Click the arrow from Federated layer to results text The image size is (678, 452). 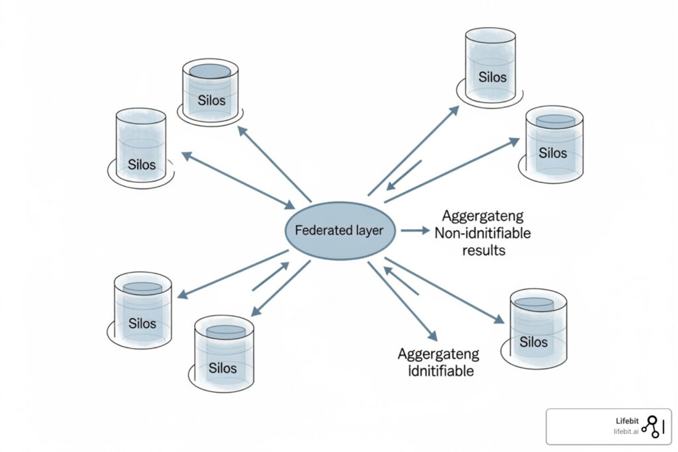(x=415, y=230)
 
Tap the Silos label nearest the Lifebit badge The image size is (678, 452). (x=534, y=341)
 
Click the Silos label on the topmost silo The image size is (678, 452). (x=493, y=77)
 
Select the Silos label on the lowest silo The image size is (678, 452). (x=222, y=368)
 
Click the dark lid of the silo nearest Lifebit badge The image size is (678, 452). (x=534, y=304)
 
